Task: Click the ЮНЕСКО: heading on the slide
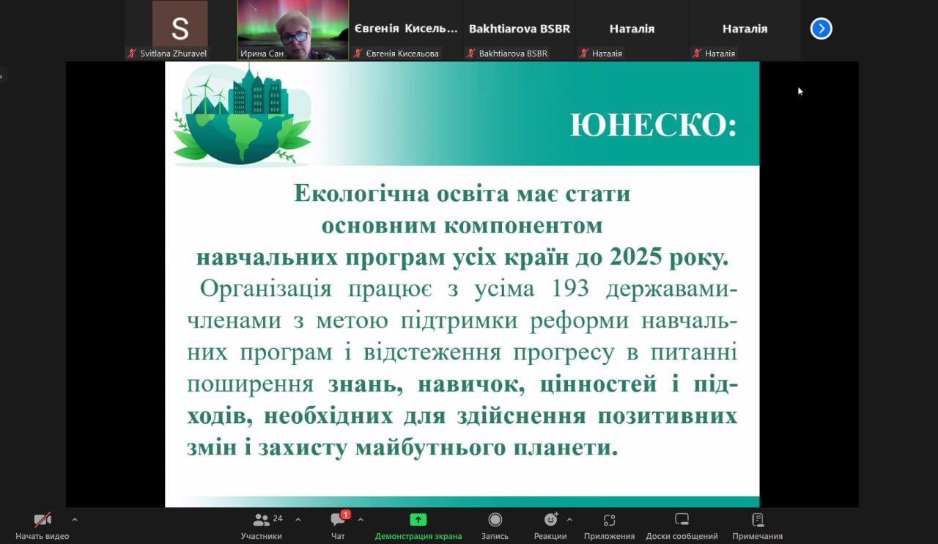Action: (653, 125)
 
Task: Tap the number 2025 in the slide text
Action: (636, 256)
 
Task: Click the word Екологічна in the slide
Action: (362, 194)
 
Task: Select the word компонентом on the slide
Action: (523, 226)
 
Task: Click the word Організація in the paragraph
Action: (265, 289)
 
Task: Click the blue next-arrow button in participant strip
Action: (821, 29)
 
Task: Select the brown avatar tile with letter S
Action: (180, 23)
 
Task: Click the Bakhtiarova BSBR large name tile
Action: (520, 29)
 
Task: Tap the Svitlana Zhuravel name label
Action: (173, 54)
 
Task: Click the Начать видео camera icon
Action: (43, 520)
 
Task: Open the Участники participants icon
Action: (261, 520)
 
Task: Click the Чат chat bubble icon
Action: (338, 520)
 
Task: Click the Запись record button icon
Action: (495, 520)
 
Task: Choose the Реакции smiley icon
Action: (550, 520)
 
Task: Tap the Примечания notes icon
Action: (757, 520)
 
